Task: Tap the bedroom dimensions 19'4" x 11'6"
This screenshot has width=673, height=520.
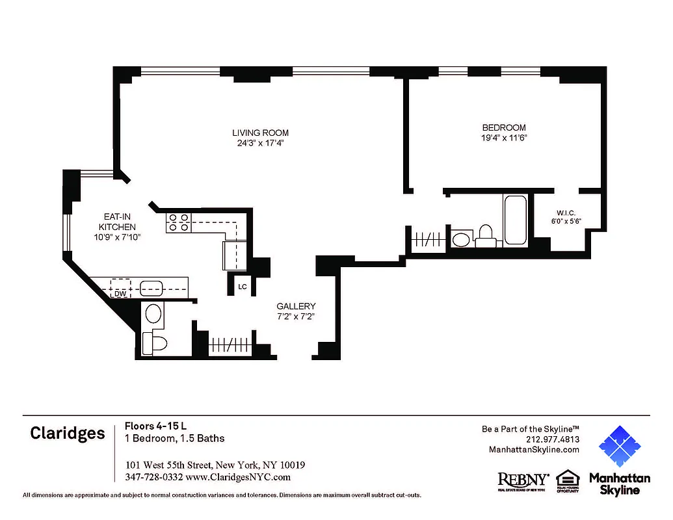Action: coord(503,138)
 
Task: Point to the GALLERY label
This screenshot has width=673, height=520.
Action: coord(296,306)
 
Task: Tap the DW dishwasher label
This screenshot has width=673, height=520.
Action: coord(120,294)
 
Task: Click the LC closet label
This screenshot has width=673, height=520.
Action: coord(242,286)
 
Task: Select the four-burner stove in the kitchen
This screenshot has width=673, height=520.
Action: coord(179,223)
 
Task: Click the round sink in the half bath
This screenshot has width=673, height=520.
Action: coord(153,314)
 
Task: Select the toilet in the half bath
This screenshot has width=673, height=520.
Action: coord(156,342)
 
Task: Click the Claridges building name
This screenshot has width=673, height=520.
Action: coord(67,434)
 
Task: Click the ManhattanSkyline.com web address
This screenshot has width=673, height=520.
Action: coord(533,450)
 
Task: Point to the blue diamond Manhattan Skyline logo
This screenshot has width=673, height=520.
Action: coord(620,447)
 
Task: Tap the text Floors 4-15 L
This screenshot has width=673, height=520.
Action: coord(156,426)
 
